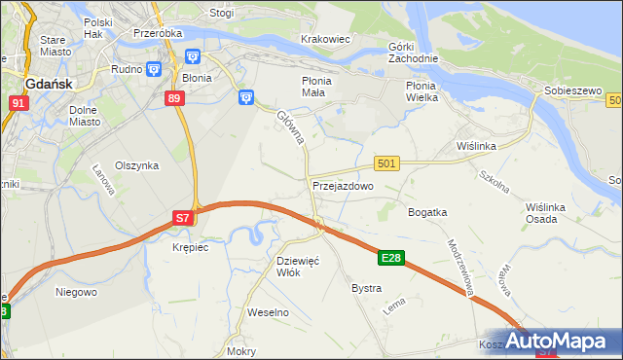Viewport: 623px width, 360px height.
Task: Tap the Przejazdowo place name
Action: tap(343, 186)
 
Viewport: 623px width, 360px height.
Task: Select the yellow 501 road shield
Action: tap(386, 163)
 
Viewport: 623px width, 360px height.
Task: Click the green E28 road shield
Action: tap(391, 258)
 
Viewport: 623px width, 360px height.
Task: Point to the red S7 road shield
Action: tap(183, 219)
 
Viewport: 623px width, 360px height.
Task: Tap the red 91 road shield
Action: tap(18, 102)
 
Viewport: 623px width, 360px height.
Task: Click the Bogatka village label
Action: tap(427, 212)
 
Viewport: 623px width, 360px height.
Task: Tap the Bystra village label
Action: tap(366, 289)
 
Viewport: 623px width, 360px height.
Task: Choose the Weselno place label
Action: tap(269, 313)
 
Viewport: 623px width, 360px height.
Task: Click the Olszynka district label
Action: tap(136, 165)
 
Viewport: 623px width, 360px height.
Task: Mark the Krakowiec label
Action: tap(325, 38)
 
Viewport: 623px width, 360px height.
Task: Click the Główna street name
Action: tap(291, 127)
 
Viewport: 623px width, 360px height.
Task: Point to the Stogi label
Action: tap(222, 14)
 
